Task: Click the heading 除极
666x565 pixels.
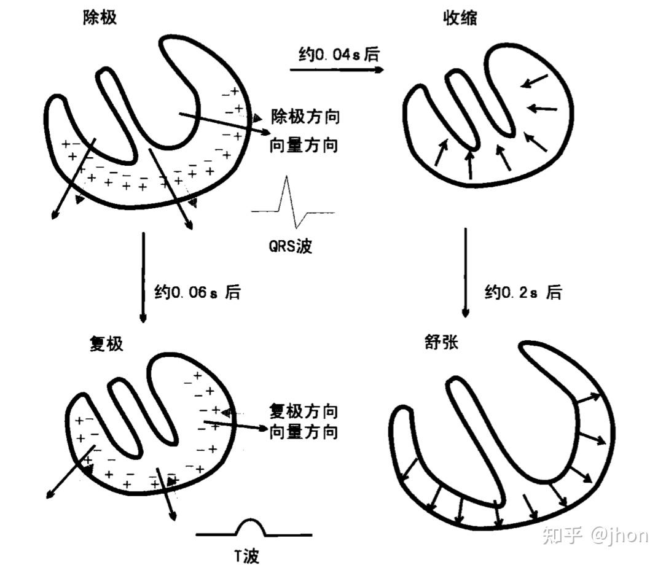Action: pos(100,18)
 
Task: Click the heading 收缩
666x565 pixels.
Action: pos(460,18)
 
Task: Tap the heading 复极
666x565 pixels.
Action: pos(106,343)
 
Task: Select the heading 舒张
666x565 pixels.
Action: pos(441,342)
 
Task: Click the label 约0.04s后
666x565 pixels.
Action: pos(335,54)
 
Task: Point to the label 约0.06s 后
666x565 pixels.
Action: pos(197,292)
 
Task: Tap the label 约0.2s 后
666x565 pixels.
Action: pos(523,292)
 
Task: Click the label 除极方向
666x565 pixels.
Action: pos(305,117)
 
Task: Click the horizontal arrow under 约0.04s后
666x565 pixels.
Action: pos(337,69)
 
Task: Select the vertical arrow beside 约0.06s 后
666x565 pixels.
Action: pos(143,276)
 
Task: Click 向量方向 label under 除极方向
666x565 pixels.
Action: pos(305,146)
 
